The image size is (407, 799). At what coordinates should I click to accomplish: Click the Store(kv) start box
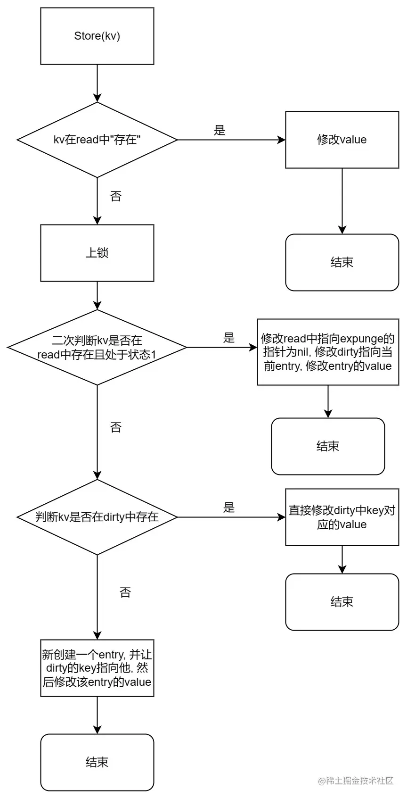97,36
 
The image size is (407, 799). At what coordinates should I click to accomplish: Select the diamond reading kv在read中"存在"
97,140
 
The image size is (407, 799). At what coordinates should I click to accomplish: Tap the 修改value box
342,140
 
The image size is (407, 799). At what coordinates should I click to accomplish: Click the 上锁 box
97,253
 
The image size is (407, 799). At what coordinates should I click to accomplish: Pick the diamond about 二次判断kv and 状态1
97,348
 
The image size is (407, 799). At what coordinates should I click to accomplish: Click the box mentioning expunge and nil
328,352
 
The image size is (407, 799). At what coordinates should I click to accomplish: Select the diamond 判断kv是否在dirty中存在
97,517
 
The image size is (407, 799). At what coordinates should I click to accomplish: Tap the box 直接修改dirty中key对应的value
342,517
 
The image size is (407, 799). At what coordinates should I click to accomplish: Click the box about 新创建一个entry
97,668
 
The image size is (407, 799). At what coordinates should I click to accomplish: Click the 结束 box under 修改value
342,263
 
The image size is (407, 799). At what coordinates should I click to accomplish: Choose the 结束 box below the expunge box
328,447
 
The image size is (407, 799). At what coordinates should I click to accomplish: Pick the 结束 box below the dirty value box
342,602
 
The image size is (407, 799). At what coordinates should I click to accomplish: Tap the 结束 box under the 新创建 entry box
97,763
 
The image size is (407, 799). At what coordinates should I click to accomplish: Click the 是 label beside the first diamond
220,131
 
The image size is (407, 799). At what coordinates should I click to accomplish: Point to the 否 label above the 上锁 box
116,197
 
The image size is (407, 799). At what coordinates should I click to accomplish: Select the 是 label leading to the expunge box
229,338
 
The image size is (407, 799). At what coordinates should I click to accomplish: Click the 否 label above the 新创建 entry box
125,593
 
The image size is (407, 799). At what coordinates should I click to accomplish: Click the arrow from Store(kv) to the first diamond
97,83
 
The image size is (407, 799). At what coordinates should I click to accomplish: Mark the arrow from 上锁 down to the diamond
97,296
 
